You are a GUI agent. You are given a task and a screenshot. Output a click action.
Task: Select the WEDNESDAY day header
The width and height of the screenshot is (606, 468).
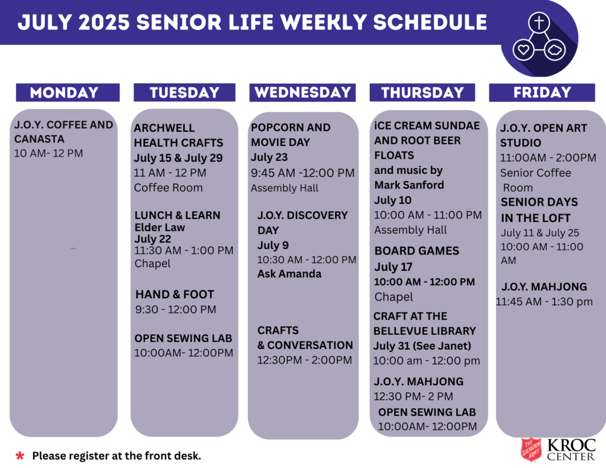(302, 92)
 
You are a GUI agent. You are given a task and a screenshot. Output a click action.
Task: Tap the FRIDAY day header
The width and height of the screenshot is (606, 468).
(542, 92)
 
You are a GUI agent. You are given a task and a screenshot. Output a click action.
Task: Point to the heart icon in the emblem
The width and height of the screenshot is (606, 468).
(523, 50)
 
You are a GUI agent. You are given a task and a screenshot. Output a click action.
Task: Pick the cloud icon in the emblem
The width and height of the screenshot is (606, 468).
(555, 50)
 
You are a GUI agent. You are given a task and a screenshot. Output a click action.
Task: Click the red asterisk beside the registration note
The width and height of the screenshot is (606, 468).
(20, 456)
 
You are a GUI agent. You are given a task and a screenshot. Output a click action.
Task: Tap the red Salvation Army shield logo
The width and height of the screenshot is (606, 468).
(531, 450)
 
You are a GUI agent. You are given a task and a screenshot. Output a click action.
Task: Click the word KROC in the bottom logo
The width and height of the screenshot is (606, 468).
(571, 445)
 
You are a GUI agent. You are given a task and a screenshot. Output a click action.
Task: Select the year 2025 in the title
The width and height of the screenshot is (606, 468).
(104, 22)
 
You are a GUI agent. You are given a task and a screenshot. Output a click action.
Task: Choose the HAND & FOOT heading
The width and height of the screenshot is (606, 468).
(175, 295)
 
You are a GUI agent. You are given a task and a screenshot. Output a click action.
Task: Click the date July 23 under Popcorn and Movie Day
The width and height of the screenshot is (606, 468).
(269, 157)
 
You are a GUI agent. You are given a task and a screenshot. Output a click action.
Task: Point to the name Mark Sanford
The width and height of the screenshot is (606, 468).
(409, 185)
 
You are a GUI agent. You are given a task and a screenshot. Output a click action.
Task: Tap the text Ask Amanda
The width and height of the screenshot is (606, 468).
(289, 273)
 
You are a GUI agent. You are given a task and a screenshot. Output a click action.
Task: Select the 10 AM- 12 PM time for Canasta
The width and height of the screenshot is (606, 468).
(49, 153)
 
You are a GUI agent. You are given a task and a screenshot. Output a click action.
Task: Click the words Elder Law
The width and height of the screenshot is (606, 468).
(160, 227)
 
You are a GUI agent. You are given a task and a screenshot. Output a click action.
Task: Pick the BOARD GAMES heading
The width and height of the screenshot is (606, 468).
(417, 251)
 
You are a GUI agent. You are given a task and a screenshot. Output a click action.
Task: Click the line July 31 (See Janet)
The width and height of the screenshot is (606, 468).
(422, 346)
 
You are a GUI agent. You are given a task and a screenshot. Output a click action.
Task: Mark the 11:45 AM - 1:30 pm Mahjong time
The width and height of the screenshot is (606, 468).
(544, 302)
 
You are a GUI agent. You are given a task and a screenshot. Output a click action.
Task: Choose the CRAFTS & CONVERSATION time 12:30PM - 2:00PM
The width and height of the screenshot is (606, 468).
(305, 360)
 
